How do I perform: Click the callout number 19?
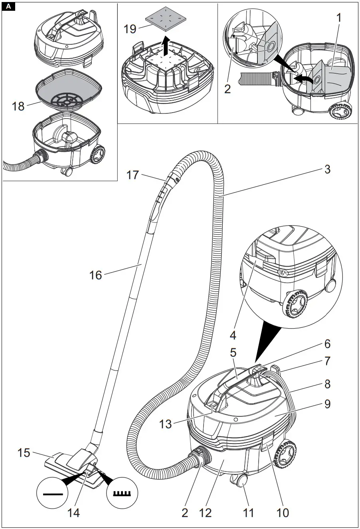coord(130,29)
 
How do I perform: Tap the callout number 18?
coord(18,106)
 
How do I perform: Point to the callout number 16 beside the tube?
coord(96,275)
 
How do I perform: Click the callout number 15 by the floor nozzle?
coord(24,453)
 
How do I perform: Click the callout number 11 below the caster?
coord(249,513)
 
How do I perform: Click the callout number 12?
coord(206,513)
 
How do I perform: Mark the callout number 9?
coord(327,404)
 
